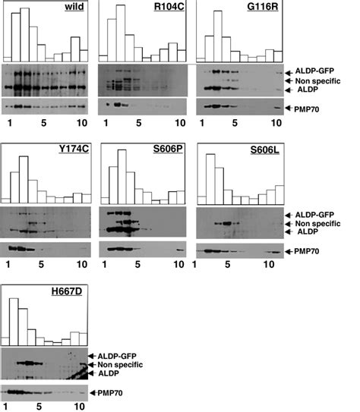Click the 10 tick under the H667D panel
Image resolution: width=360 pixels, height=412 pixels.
pyautogui.click(x=76, y=406)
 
